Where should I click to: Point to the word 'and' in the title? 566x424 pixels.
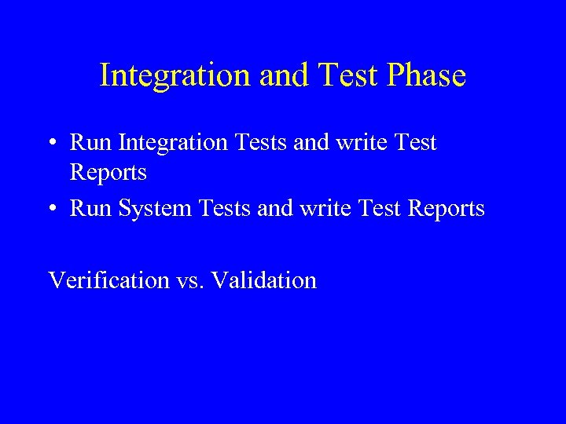tap(274, 76)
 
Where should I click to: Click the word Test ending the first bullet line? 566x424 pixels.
tap(417, 143)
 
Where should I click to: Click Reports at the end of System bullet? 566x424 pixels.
tap(447, 209)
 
